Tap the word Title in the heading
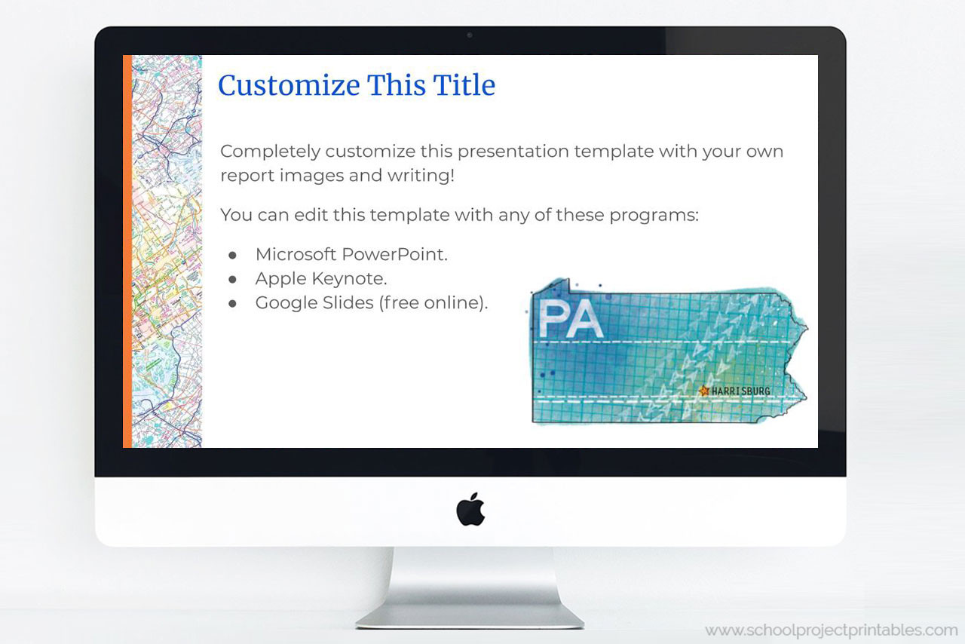coord(464,85)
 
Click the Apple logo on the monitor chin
coord(470,509)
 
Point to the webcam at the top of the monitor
coord(470,35)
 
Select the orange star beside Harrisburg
coord(704,391)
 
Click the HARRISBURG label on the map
coord(741,391)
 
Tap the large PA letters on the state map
coord(571,319)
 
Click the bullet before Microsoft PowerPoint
coord(233,255)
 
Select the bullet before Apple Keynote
coord(233,279)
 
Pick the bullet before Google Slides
coord(233,303)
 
